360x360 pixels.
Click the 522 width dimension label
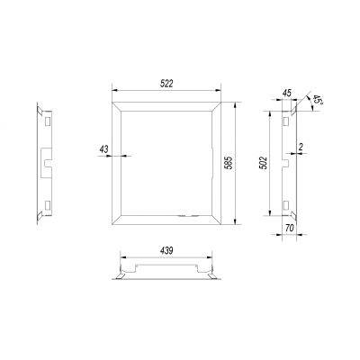pyautogui.click(x=166, y=84)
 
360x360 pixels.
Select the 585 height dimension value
pyautogui.click(x=229, y=163)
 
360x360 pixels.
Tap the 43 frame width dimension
pyautogui.click(x=104, y=149)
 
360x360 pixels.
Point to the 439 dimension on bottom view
pyautogui.click(x=166, y=251)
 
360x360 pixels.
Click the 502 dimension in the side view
pyautogui.click(x=263, y=163)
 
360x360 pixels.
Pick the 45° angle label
pyautogui.click(x=316, y=99)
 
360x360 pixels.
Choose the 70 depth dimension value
pyautogui.click(x=289, y=229)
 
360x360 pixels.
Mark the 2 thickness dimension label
pyautogui.click(x=301, y=147)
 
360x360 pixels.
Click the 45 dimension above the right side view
pyautogui.click(x=287, y=93)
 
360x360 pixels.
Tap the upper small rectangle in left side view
pyautogui.click(x=48, y=121)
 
